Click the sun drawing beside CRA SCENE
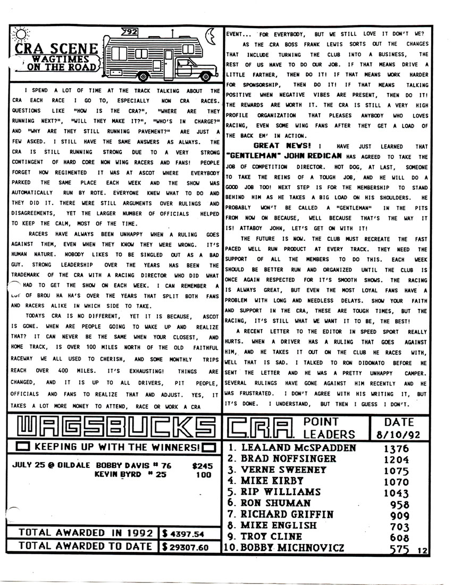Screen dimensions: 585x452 (20, 35)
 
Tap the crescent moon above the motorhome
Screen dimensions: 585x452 (211, 36)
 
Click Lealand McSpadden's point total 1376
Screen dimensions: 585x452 (397, 448)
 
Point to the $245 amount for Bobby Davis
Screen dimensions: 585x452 (202, 466)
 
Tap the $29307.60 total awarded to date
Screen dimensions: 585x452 (186, 546)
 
